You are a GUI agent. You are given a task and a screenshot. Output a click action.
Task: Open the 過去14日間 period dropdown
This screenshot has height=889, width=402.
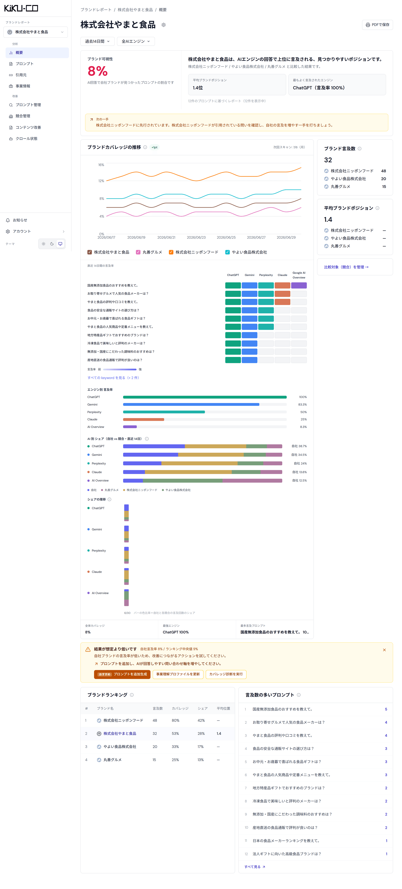[x=97, y=41]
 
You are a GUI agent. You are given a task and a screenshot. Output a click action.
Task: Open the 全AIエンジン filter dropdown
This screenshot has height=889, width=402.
[x=136, y=41]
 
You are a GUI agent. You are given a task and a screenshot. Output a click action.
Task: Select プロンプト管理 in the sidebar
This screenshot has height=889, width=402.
[x=28, y=105]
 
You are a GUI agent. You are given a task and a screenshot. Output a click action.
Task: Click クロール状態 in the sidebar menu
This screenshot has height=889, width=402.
[x=27, y=139]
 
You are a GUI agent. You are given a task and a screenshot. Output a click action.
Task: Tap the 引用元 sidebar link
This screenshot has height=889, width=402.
[x=21, y=75]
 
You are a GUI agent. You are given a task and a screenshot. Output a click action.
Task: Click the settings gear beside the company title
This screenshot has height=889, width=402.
[x=164, y=25]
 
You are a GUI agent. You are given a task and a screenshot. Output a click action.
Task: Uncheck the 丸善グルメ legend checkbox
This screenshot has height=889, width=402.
[x=138, y=252]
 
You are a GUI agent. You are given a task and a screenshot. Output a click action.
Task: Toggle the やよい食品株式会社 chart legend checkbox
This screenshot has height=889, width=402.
[x=227, y=252]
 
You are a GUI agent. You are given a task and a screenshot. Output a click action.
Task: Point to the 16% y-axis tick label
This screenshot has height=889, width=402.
[x=101, y=165]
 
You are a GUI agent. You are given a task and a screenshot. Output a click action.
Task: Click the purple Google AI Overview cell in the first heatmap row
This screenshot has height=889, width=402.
[x=299, y=285]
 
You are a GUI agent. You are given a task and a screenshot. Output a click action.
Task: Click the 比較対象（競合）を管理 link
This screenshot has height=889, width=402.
[x=346, y=267]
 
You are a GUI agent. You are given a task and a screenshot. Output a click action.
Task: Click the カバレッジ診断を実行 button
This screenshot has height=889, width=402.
[x=226, y=674]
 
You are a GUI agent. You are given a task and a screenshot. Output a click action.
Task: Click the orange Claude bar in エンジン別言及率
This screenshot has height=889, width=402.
[x=144, y=420]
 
